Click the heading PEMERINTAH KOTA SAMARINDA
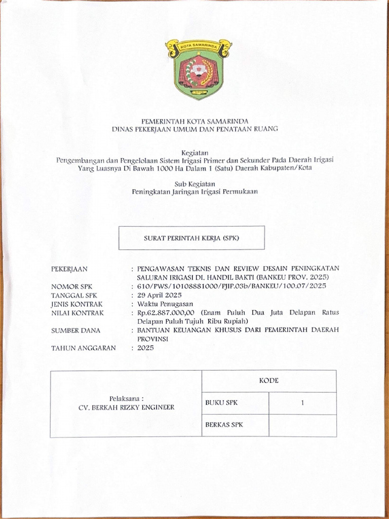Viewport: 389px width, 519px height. click(x=194, y=121)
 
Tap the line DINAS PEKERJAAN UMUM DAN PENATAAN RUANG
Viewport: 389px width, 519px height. click(x=194, y=129)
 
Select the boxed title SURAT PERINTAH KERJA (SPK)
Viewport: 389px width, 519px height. click(x=191, y=238)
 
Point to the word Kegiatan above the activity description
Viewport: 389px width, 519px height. click(x=194, y=152)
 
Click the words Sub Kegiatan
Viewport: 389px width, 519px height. click(x=194, y=183)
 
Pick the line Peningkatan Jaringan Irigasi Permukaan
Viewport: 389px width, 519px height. click(x=194, y=192)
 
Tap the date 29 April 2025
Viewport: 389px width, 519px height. click(x=160, y=295)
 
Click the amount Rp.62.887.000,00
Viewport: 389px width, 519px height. click(x=166, y=313)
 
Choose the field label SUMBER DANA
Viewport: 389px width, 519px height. click(x=75, y=330)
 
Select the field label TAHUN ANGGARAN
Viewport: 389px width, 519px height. click(x=84, y=348)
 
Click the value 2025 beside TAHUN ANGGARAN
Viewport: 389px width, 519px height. click(x=145, y=348)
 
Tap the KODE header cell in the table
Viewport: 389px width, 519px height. click(x=269, y=381)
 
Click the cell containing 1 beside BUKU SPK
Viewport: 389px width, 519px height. click(x=302, y=403)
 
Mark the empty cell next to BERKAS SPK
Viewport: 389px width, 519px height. click(x=302, y=425)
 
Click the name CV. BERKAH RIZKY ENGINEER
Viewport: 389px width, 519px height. click(x=126, y=407)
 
